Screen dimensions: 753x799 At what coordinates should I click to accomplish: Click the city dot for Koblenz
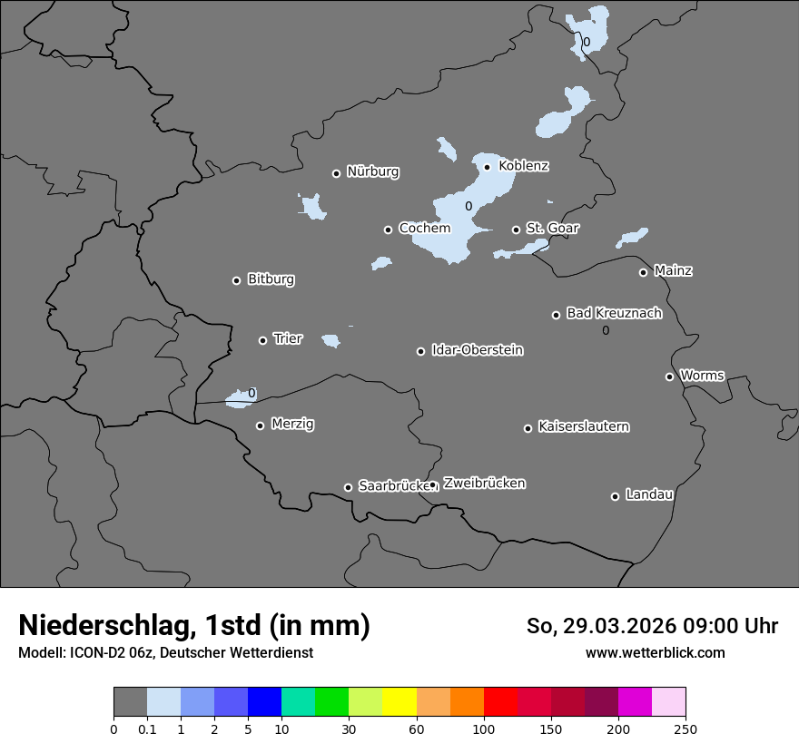[488, 167]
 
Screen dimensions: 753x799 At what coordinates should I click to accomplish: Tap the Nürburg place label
[372, 171]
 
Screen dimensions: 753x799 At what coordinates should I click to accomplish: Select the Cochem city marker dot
[388, 230]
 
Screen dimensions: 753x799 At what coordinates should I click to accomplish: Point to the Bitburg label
[271, 279]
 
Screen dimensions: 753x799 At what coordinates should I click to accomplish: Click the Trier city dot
[263, 341]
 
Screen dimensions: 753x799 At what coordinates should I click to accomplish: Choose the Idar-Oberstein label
[477, 350]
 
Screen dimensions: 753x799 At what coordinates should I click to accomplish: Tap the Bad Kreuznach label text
[614, 313]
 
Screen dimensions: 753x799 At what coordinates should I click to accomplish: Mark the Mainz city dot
[644, 272]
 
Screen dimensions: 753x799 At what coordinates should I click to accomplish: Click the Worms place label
[702, 376]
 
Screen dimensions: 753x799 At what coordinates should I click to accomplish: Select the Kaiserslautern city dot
[528, 428]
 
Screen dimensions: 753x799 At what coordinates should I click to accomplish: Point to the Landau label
[649, 494]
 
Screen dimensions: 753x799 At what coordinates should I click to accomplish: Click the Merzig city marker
[261, 425]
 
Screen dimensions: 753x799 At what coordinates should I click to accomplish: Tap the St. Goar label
[552, 228]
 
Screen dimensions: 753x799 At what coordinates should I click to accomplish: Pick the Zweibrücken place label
[484, 484]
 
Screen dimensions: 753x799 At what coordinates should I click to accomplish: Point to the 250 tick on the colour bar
[686, 729]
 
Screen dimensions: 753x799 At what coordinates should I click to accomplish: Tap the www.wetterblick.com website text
[655, 652]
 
